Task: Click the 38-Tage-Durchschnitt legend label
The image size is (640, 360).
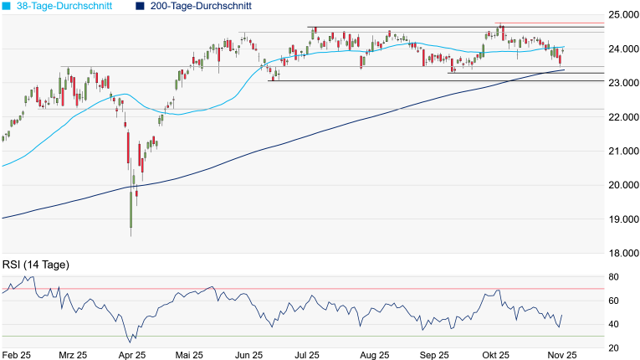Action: [66, 6]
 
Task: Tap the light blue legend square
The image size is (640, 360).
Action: [7, 6]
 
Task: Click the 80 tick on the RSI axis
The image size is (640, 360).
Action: [613, 277]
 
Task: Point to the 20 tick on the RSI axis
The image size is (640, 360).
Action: [613, 348]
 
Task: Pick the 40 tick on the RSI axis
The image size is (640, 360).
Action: [613, 325]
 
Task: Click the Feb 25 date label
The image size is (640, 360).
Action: [16, 355]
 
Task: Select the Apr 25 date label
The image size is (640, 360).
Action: [132, 355]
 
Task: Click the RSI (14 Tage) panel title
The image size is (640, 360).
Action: [36, 265]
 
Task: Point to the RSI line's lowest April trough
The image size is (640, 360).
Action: [130, 342]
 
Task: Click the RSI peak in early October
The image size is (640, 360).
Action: [498, 291]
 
